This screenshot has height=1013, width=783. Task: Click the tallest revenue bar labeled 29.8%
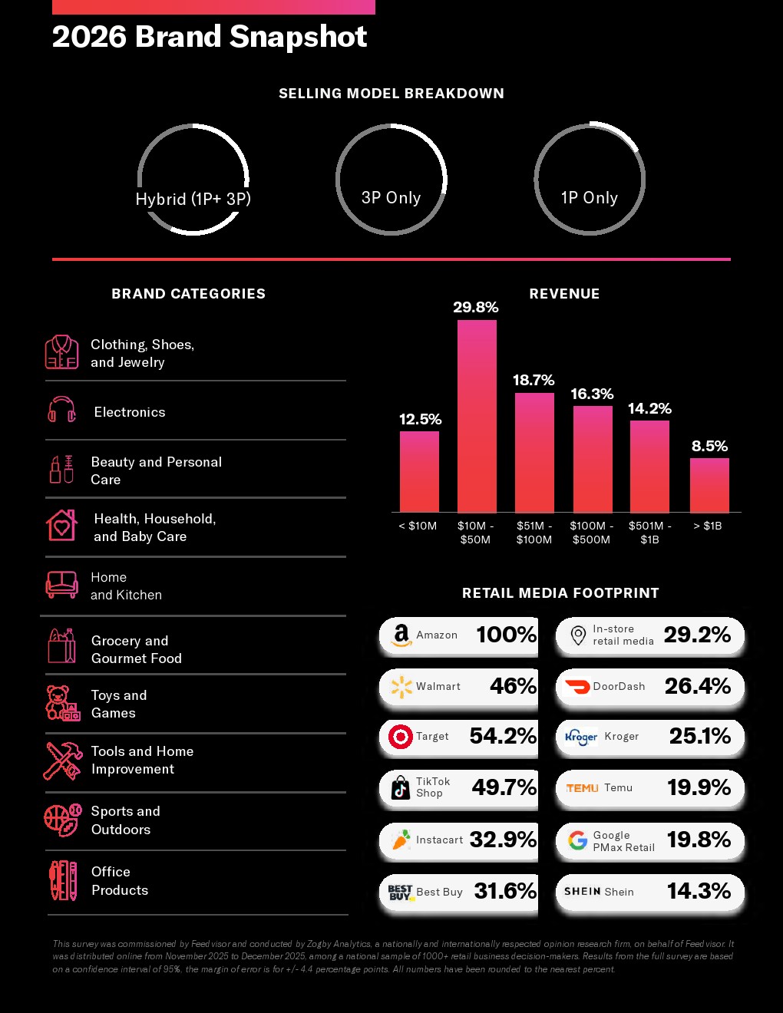click(477, 416)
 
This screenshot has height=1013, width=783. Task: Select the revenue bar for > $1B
click(709, 485)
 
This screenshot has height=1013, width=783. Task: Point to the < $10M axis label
click(418, 526)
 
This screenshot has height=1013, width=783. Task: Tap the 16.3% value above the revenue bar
click(592, 394)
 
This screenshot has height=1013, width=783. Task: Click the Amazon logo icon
click(401, 635)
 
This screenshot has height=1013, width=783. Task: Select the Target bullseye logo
click(401, 737)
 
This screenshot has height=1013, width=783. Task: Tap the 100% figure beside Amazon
click(507, 635)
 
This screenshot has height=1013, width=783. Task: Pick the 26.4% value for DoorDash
click(698, 686)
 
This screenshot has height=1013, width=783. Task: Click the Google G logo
click(577, 840)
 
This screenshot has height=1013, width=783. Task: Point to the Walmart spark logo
click(401, 687)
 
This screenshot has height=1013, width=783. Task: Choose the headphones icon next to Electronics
click(61, 409)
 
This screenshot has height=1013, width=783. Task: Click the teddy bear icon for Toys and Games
click(62, 703)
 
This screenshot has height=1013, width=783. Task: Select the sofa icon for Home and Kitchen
click(61, 585)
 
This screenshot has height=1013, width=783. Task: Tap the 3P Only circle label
click(391, 198)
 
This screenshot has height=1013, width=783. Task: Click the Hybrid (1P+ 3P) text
click(193, 199)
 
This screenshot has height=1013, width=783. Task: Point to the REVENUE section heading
click(564, 294)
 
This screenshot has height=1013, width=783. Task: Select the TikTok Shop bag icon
click(400, 787)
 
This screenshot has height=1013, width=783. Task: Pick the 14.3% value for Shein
click(699, 891)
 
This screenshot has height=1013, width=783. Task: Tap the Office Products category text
click(120, 880)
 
